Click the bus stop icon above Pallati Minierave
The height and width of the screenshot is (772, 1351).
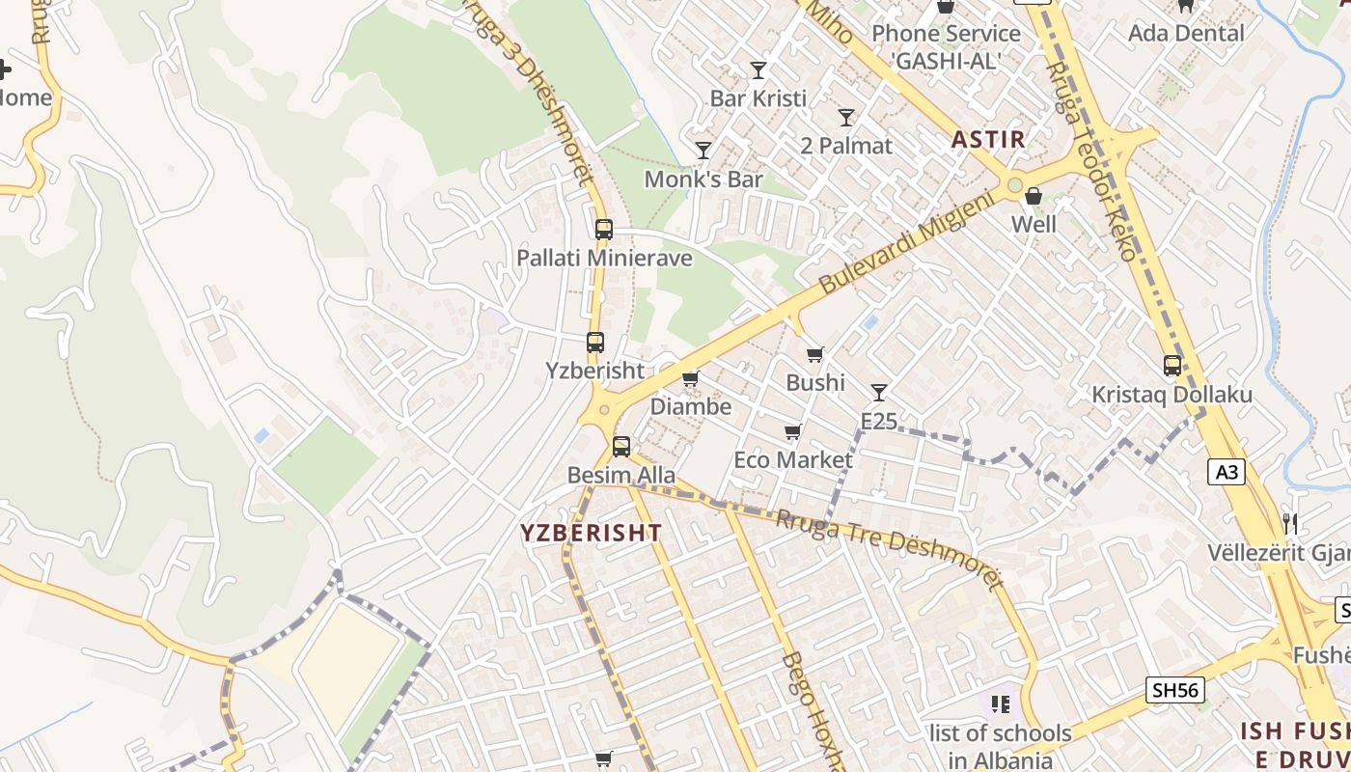[x=604, y=230]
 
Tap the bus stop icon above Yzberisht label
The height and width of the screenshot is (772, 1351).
[x=595, y=343]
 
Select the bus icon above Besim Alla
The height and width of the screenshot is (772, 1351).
[x=621, y=447]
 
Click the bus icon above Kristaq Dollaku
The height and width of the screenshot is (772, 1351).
[x=1172, y=366]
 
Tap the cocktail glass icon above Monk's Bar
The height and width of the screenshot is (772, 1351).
[x=703, y=151]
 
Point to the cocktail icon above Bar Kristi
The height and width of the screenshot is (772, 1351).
[x=758, y=70]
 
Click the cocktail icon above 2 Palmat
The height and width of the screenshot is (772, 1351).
[x=846, y=118]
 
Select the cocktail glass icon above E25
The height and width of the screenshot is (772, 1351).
[x=878, y=393]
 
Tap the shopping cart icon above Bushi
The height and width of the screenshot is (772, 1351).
[x=815, y=355]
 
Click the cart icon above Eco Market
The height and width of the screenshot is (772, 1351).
[x=793, y=431]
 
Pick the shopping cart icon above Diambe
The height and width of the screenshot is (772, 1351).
[x=690, y=379]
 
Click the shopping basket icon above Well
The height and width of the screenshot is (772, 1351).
[x=1034, y=197]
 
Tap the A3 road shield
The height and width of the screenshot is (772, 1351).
[x=1226, y=472]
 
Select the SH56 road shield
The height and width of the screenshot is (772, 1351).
[x=1174, y=690]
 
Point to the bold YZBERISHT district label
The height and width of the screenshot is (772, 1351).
[x=592, y=533]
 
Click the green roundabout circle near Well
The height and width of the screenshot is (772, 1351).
[x=1014, y=185]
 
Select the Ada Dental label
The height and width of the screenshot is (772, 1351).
[x=1186, y=33]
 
